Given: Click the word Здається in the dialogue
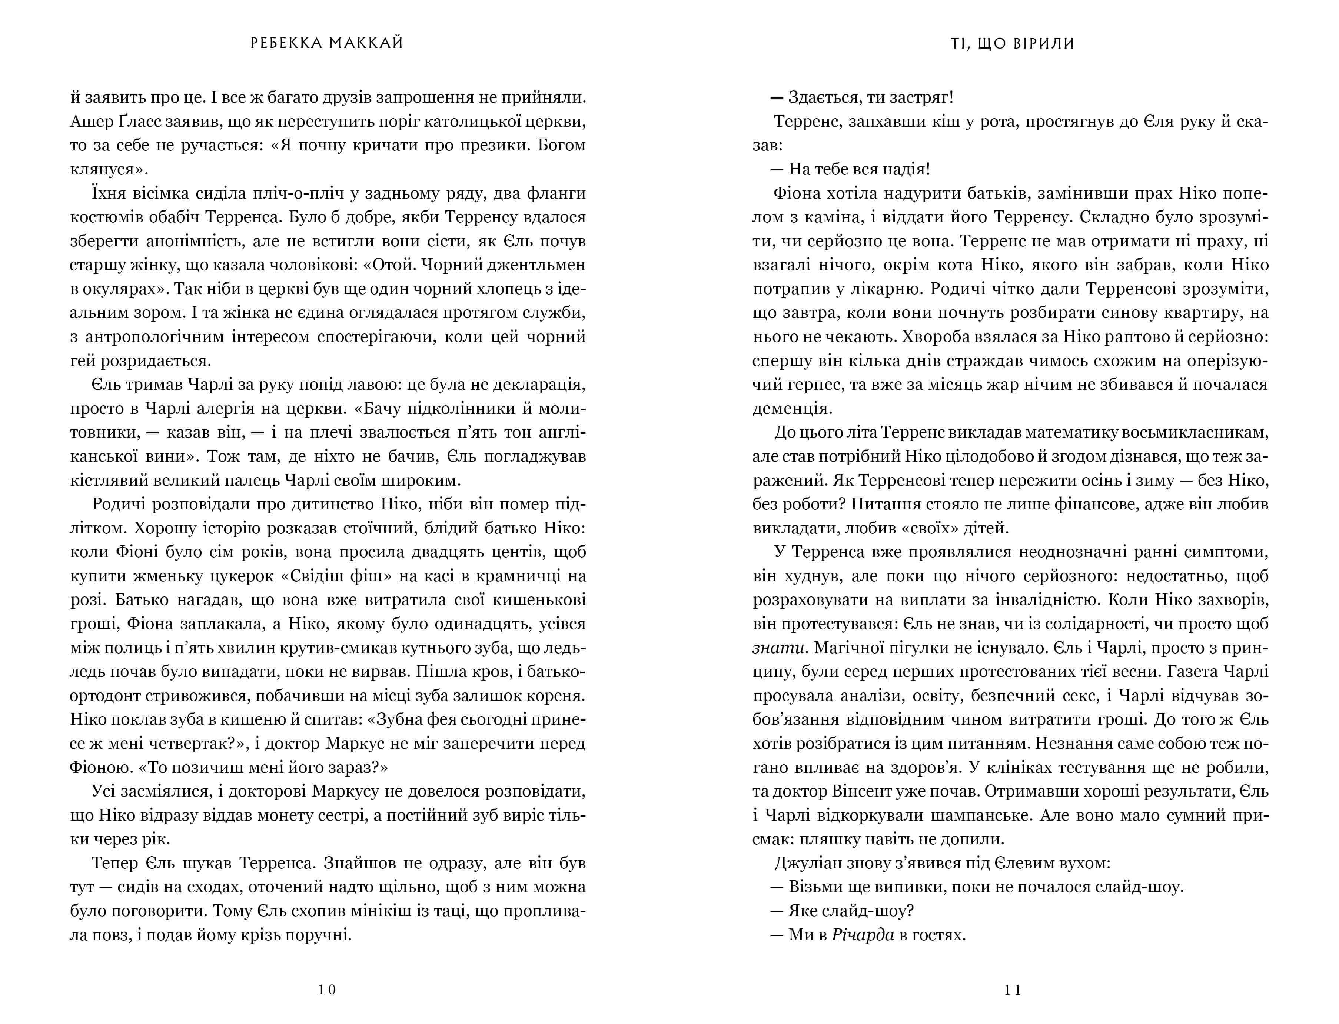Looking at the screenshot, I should pos(819,97).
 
